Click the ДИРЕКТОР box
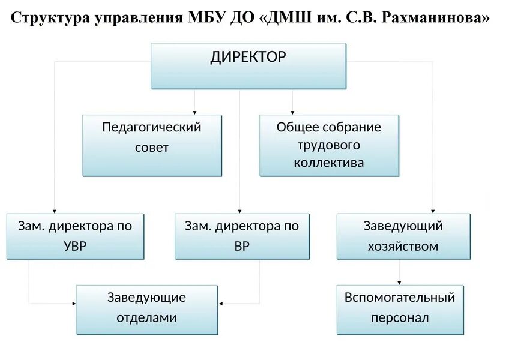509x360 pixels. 248,65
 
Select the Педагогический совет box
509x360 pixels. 152,145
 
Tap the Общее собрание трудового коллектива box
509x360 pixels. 329,145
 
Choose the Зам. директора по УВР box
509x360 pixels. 76,236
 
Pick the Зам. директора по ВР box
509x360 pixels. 242,236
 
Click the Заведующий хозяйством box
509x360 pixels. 403,236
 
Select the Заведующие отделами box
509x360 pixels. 147,309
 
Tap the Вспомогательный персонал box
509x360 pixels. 400,309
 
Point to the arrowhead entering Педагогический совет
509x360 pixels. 195,112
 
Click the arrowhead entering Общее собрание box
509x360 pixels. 293,112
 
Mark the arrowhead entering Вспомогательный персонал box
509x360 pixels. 400,282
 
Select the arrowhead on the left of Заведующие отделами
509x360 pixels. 73,303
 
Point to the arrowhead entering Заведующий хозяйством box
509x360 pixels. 432,211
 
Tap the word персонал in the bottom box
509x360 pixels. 400,318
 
